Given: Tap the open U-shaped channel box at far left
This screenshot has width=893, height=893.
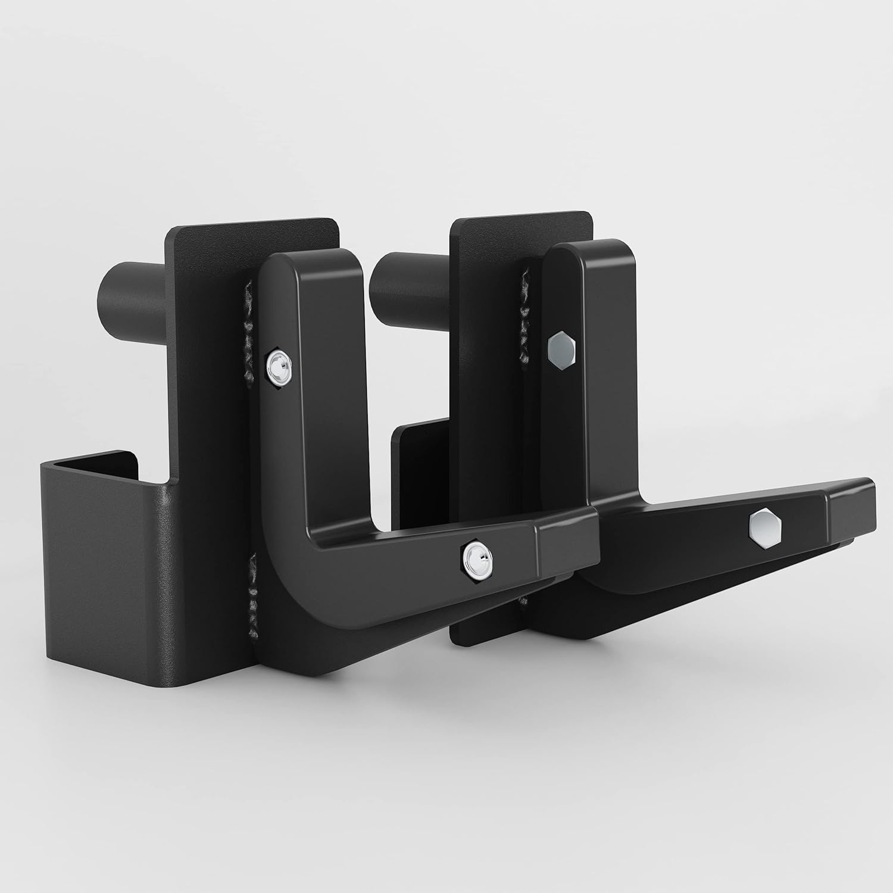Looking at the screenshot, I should [101, 536].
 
